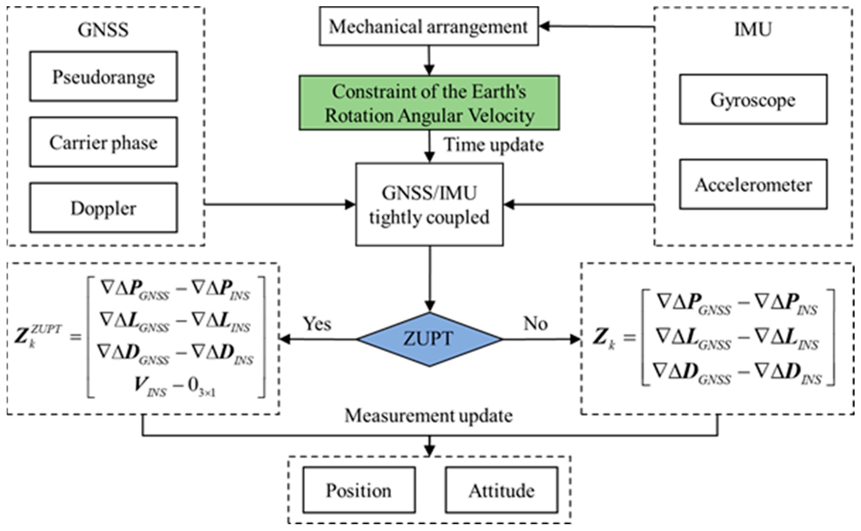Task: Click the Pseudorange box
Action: [104, 76]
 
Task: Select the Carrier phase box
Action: [104, 142]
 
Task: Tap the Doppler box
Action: [104, 208]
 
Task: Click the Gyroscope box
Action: [753, 99]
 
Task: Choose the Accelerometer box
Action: [753, 185]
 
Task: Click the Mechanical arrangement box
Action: [428, 26]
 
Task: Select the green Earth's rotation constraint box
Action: [429, 103]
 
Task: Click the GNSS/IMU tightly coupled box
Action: [429, 204]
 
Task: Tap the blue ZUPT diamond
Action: [429, 339]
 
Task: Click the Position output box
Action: [359, 490]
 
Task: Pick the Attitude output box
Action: [501, 490]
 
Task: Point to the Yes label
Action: [317, 323]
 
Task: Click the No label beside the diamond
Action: [535, 323]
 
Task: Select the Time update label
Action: [494, 145]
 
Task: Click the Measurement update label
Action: [428, 416]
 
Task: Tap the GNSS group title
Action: [103, 29]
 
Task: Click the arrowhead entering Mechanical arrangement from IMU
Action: [544, 26]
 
